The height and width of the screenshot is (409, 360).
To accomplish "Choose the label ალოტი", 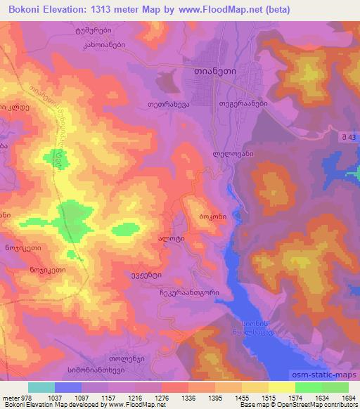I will pos(172,240).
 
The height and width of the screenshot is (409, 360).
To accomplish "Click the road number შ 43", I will pos(343,135).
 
